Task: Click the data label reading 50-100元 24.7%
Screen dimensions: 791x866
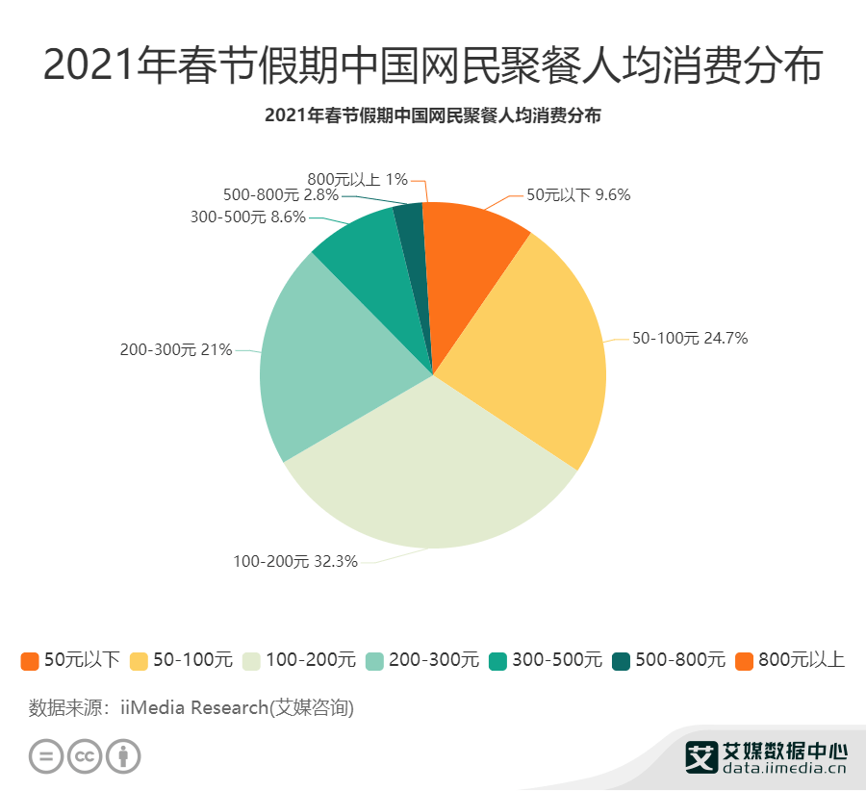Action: [689, 338]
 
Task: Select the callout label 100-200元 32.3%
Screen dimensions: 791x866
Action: [295, 561]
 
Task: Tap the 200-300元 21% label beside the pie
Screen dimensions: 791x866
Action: [176, 350]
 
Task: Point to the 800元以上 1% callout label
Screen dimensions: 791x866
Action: [357, 178]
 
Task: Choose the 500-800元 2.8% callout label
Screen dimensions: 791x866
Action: [280, 194]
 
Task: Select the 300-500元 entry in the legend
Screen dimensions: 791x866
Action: [546, 660]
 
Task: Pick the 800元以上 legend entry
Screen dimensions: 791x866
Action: [790, 660]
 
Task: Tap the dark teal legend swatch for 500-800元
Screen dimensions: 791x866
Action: [622, 661]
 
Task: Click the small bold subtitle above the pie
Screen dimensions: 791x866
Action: [432, 115]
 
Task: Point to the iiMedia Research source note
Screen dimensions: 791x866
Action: [191, 708]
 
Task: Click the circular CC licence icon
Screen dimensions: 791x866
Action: [85, 756]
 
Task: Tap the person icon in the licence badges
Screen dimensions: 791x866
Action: [123, 756]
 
